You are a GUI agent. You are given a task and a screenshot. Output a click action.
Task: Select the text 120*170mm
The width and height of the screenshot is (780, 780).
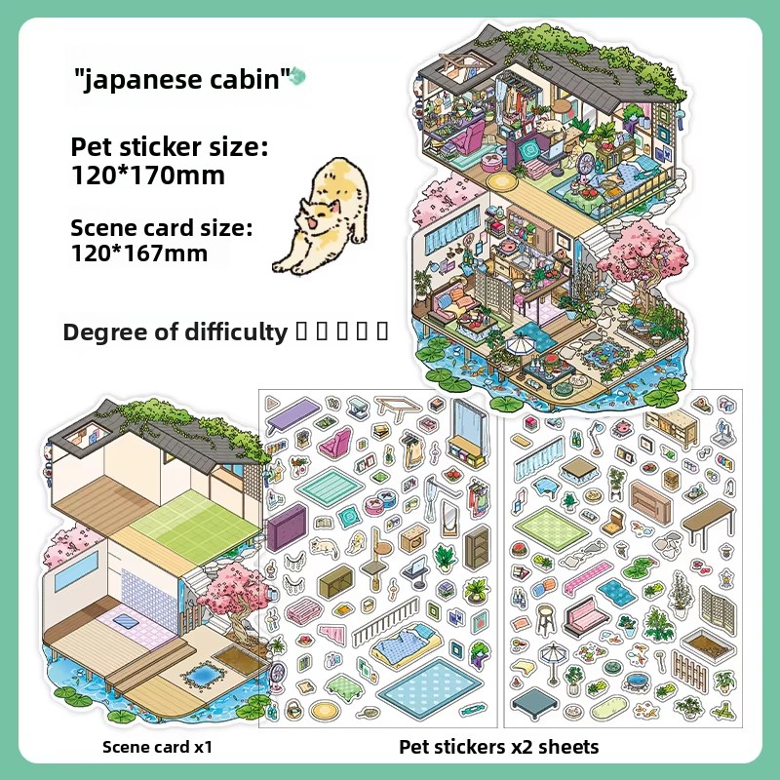pyautogui.click(x=147, y=175)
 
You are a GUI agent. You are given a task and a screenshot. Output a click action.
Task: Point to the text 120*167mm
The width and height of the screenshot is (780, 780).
pyautogui.click(x=138, y=253)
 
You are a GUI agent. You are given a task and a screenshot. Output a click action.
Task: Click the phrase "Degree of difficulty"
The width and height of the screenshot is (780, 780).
pyautogui.click(x=175, y=331)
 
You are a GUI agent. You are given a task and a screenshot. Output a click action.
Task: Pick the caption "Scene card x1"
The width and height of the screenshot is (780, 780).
pyautogui.click(x=156, y=748)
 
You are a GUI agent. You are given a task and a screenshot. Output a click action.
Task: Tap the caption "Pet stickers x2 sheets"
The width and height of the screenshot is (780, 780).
pyautogui.click(x=498, y=748)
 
